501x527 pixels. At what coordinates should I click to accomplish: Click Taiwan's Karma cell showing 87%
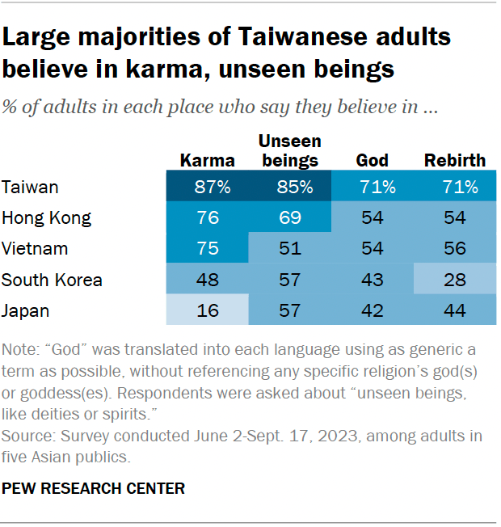click(207, 188)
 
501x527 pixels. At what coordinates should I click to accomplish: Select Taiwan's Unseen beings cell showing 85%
click(289, 188)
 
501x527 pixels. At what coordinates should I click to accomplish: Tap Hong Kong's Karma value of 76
click(207, 218)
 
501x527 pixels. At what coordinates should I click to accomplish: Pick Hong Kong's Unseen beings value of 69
click(289, 218)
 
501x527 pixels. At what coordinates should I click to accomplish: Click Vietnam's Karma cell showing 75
click(207, 249)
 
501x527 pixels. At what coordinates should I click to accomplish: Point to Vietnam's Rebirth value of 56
click(455, 249)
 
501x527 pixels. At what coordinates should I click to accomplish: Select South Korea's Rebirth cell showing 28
click(455, 280)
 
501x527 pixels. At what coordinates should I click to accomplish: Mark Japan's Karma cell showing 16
click(207, 310)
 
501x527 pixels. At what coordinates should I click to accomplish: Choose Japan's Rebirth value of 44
click(455, 310)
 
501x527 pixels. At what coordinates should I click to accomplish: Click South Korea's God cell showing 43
click(373, 280)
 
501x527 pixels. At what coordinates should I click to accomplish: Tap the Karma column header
click(207, 160)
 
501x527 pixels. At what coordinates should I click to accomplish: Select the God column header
click(373, 160)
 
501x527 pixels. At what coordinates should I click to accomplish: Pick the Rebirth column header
click(455, 160)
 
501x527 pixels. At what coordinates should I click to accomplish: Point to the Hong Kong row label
click(46, 218)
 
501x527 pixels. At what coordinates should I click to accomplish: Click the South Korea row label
click(52, 280)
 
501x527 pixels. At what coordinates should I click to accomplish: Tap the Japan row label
click(25, 310)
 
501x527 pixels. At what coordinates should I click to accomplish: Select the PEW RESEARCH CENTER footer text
click(94, 488)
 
